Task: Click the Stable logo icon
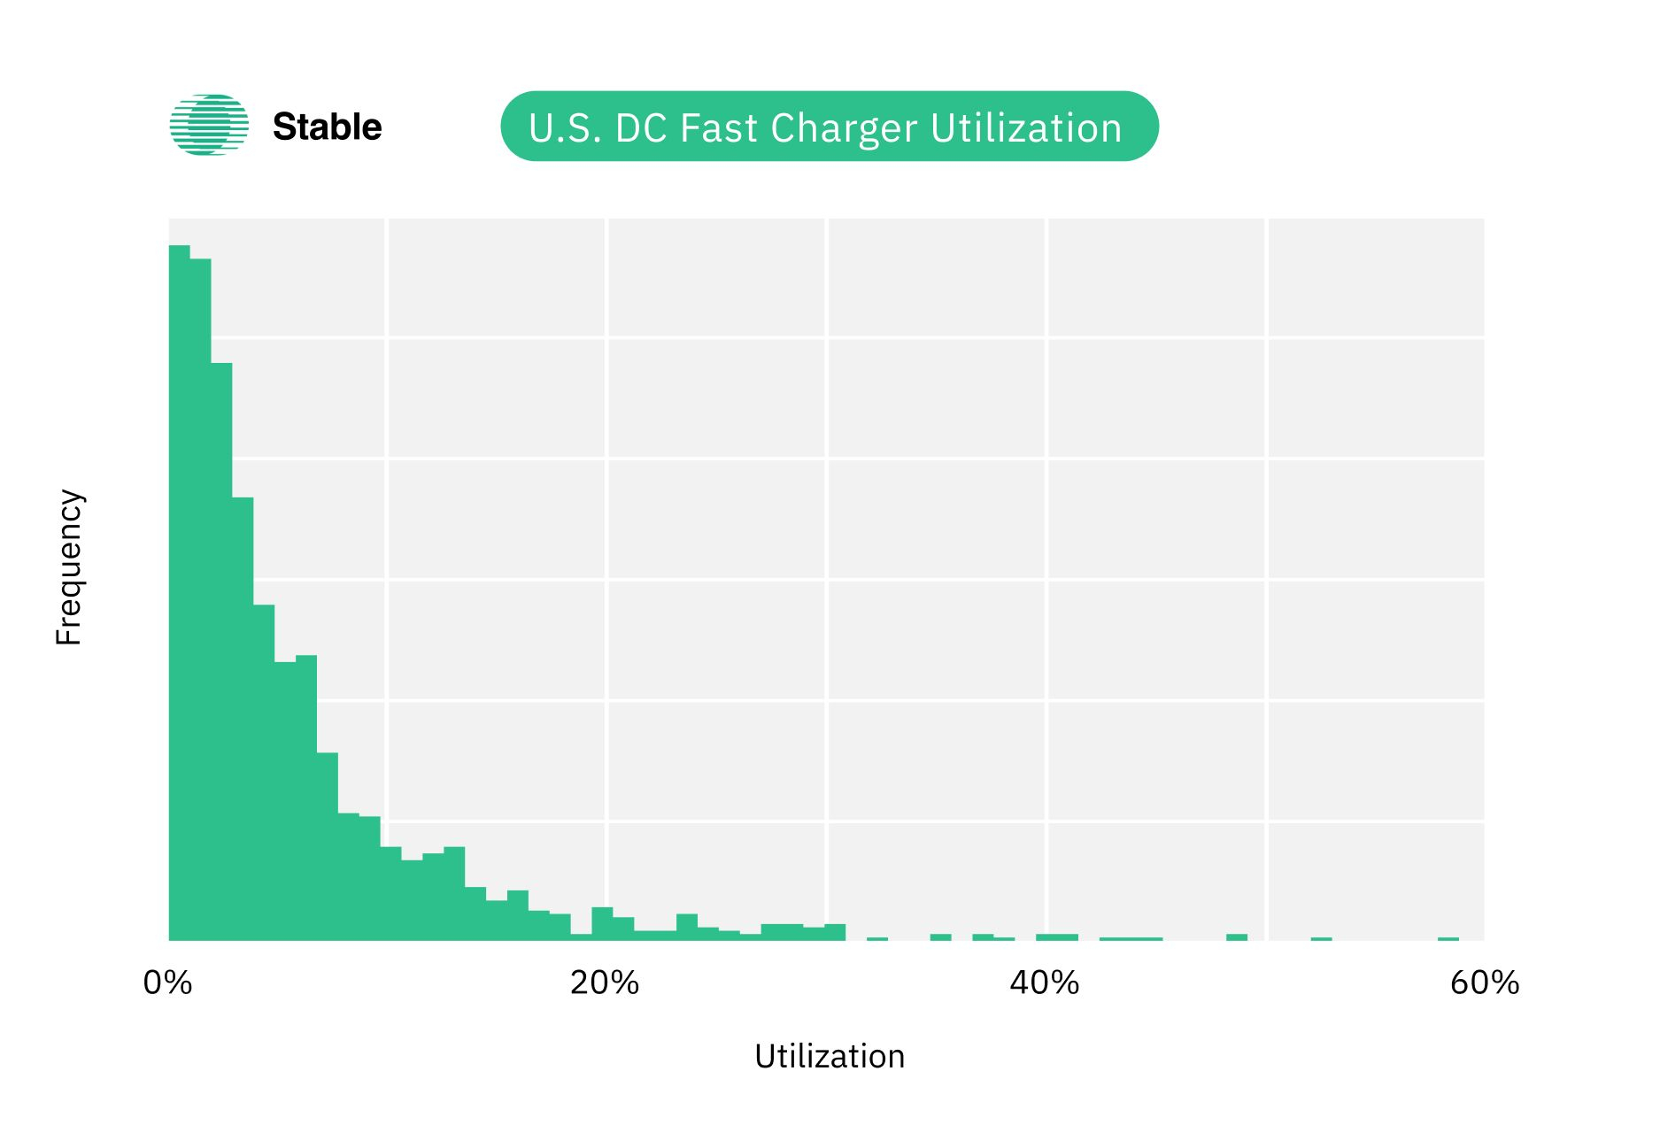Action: point(209,126)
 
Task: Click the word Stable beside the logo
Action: point(327,127)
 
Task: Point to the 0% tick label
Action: point(167,983)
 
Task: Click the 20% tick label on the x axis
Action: point(605,983)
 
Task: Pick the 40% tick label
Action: point(1045,983)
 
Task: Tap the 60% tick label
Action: point(1485,983)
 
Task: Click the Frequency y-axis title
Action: point(68,566)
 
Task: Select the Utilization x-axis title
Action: point(830,1056)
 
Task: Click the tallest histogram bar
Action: point(180,593)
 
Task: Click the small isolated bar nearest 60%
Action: point(1448,938)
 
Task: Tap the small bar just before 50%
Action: point(1237,936)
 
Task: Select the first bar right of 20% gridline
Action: point(623,929)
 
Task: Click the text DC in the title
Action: point(641,127)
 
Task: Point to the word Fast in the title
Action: point(718,127)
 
